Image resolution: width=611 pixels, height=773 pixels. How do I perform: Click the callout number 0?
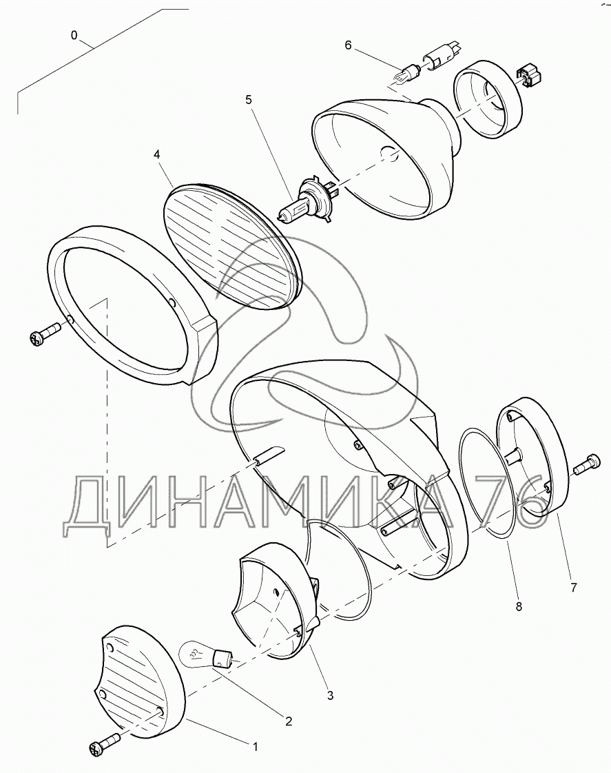(x=74, y=35)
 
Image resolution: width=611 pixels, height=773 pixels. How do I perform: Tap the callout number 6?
(x=348, y=45)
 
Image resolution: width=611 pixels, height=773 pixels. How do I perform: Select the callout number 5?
(x=249, y=100)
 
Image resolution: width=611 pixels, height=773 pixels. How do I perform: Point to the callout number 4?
(x=156, y=154)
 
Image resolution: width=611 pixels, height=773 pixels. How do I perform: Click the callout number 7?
(x=574, y=587)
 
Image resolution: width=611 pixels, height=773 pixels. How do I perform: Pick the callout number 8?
(x=519, y=607)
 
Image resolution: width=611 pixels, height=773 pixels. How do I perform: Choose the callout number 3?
(x=330, y=696)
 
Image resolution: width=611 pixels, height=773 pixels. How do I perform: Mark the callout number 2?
(x=289, y=721)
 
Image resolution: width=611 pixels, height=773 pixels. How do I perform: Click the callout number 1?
(x=256, y=747)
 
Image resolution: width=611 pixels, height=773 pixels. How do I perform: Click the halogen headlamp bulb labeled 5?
(x=308, y=200)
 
